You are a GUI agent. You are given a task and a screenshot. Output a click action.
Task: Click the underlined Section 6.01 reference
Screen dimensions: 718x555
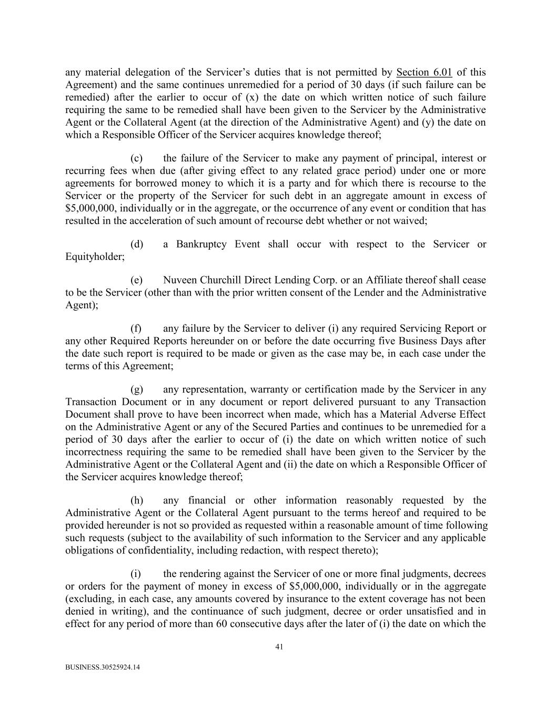(424, 73)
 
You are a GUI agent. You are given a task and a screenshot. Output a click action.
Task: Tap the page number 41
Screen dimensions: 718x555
(279, 647)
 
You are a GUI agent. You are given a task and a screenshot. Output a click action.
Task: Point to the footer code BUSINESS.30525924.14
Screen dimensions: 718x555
(103, 668)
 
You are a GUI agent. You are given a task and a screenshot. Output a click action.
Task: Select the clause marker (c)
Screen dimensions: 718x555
(136, 158)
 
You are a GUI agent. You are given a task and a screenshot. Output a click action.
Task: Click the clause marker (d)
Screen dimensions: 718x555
(136, 244)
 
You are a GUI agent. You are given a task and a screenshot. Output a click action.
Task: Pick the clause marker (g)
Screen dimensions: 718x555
(136, 389)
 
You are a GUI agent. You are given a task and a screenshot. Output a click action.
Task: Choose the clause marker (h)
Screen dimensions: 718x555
(136, 500)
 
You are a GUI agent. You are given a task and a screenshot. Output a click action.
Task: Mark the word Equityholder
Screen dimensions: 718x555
(95, 257)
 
